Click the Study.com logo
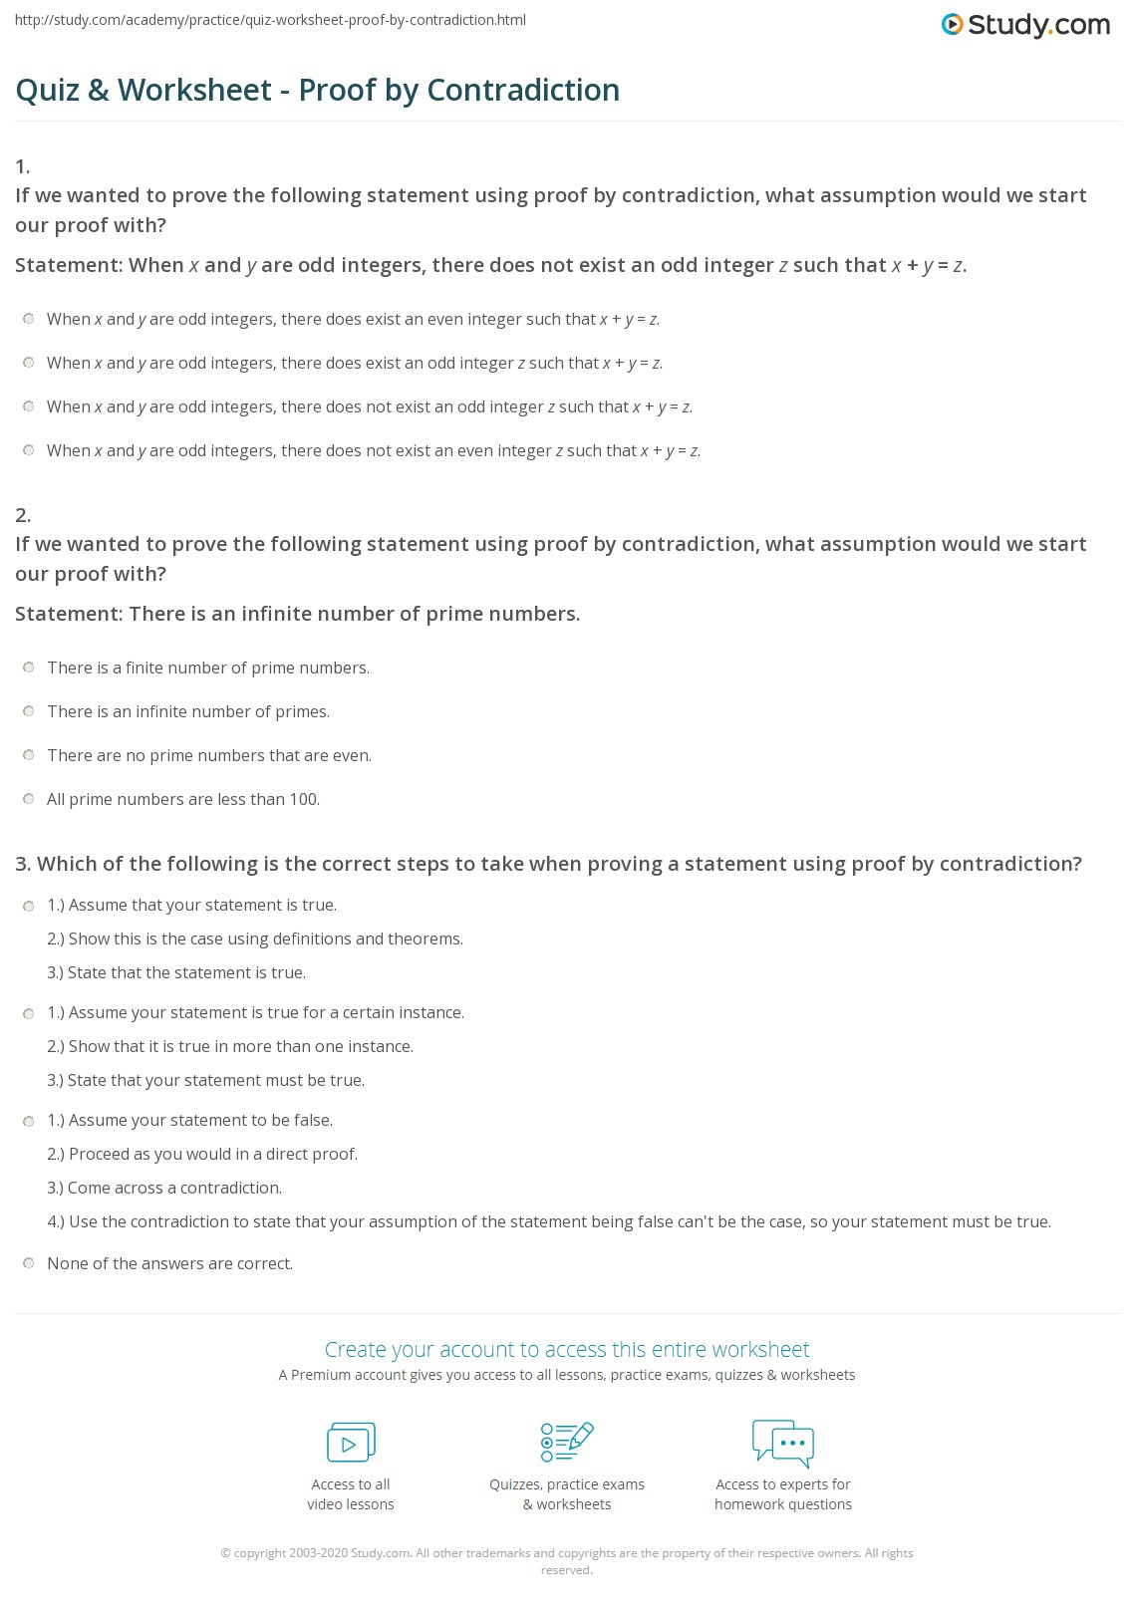click(x=1025, y=25)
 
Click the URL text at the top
click(x=270, y=20)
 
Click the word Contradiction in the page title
click(x=523, y=90)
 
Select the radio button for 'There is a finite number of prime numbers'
click(x=29, y=668)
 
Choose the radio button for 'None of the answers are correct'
click(x=29, y=1263)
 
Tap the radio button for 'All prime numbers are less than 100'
click(x=29, y=799)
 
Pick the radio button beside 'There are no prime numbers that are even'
click(x=29, y=755)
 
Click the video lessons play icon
click(x=351, y=1443)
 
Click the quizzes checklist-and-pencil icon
click(x=567, y=1443)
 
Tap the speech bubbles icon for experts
click(x=783, y=1443)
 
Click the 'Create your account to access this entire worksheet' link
click(x=567, y=1349)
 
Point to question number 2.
click(x=23, y=515)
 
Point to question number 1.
click(x=23, y=166)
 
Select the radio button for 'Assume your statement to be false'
click(x=29, y=1121)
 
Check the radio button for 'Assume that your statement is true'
click(x=29, y=906)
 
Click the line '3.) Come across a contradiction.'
click(x=165, y=1188)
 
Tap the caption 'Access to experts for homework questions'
click(x=783, y=1494)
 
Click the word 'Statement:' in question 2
click(x=68, y=614)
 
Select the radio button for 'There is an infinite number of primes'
click(x=29, y=711)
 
